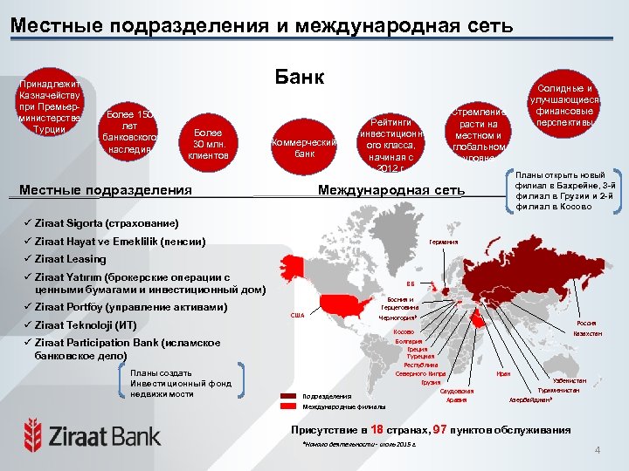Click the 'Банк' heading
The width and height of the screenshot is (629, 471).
coord(300,78)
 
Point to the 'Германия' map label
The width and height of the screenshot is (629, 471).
coord(443,242)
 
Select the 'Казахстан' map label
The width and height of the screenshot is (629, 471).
coord(585,334)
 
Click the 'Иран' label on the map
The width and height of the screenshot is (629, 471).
coord(503,373)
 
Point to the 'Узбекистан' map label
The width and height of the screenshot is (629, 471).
coord(569,380)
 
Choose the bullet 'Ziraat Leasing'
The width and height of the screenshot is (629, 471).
coord(71,259)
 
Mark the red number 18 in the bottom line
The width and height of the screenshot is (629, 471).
coord(377,430)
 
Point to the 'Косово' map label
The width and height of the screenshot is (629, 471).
coord(404,331)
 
